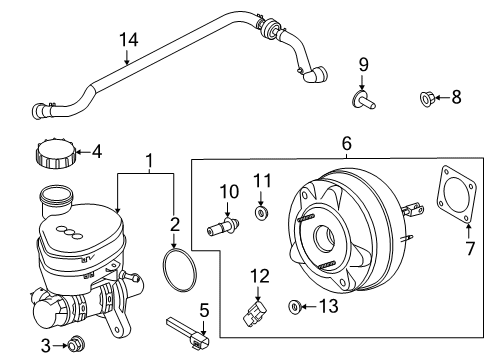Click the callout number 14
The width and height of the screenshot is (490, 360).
[127, 39]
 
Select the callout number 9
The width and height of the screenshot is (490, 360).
[364, 66]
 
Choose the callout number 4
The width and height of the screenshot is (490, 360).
[96, 153]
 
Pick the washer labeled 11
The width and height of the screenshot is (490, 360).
[261, 213]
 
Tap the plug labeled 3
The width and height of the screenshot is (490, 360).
[73, 345]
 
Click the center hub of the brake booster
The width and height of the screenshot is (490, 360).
[326, 239]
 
